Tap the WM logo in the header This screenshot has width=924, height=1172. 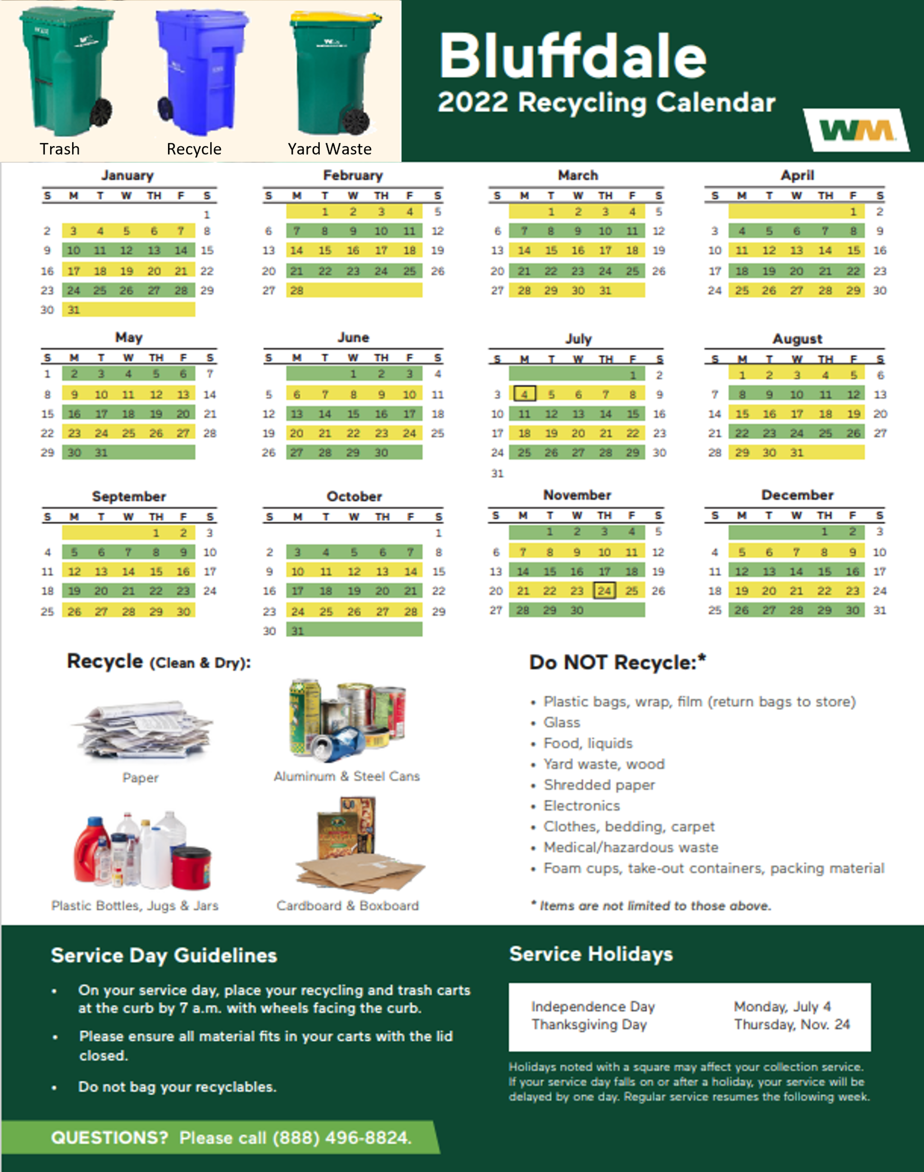(x=856, y=130)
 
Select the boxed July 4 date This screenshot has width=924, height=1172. (x=524, y=394)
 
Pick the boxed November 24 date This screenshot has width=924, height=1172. (x=604, y=590)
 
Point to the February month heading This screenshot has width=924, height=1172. (x=353, y=175)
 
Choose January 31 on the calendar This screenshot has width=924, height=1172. (x=73, y=310)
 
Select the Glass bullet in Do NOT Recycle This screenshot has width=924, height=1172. (x=561, y=723)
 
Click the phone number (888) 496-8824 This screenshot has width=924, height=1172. (x=342, y=1137)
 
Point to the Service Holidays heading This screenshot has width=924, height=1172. (x=591, y=954)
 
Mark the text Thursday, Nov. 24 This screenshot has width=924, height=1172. (x=792, y=1024)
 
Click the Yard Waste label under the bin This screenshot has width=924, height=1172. (x=329, y=149)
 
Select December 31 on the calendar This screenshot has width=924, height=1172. (x=880, y=610)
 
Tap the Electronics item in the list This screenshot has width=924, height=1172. (x=582, y=806)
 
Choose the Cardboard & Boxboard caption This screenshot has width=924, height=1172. (x=347, y=906)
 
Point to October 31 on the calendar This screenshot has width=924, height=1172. (x=297, y=631)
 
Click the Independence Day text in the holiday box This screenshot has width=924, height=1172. (x=593, y=1007)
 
